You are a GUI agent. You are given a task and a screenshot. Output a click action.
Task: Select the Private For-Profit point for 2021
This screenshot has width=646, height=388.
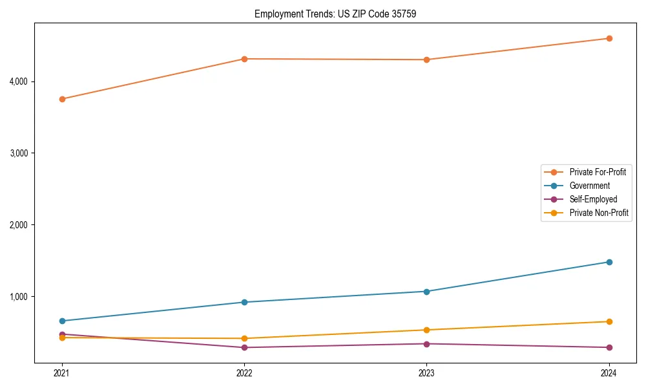62,99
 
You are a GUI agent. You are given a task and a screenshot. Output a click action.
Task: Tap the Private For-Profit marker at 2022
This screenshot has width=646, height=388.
244,59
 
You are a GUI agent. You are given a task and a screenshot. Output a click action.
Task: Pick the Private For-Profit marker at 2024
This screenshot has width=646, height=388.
609,38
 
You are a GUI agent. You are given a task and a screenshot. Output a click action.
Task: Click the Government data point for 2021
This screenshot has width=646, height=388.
62,321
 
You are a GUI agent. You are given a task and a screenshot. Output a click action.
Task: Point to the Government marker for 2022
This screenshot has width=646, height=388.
244,302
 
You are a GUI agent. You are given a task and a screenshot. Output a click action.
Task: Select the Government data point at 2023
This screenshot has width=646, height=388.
427,291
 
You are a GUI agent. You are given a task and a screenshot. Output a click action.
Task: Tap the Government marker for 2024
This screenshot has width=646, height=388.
609,262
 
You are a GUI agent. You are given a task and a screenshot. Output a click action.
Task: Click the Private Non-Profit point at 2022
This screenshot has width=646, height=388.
244,338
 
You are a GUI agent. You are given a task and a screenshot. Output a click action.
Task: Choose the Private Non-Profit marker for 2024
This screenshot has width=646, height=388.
609,321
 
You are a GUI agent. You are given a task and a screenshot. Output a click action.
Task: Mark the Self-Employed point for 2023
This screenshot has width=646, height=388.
427,343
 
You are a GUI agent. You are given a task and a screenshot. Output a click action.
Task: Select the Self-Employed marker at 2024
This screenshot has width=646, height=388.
609,347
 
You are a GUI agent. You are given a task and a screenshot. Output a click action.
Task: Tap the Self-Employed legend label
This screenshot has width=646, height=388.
593,199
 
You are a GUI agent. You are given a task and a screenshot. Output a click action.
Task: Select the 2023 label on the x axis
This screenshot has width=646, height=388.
427,372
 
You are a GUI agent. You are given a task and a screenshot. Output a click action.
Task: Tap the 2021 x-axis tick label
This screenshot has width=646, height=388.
62,372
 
